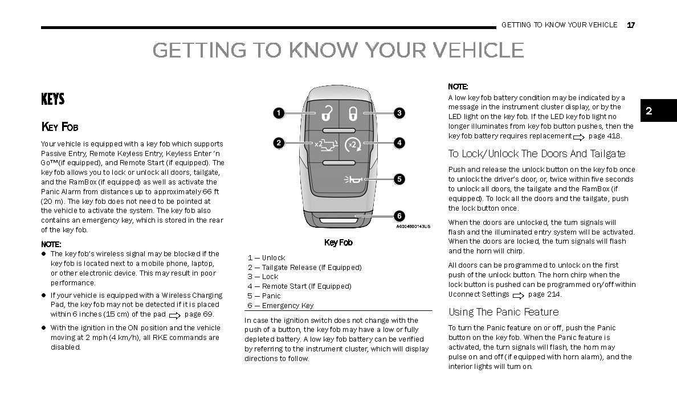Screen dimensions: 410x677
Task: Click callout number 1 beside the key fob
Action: click(278, 113)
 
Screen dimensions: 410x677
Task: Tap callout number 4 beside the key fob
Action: click(399, 143)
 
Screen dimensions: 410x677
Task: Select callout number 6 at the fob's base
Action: click(399, 216)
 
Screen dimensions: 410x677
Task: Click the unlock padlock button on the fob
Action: click(325, 114)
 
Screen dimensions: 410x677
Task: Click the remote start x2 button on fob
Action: click(354, 144)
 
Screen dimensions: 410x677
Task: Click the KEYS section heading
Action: click(53, 100)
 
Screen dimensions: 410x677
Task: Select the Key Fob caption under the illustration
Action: click(338, 243)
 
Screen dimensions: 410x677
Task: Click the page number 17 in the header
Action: click(631, 25)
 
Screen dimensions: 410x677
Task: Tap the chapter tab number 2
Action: click(649, 111)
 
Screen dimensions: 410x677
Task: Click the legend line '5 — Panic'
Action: click(264, 296)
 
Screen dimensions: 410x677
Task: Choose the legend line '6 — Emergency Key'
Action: click(280, 305)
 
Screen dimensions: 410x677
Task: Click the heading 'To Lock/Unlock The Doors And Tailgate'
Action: click(536, 154)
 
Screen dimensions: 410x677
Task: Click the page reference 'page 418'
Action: click(605, 136)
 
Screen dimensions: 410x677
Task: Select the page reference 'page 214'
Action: click(544, 294)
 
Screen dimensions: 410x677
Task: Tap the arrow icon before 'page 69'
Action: click(174, 315)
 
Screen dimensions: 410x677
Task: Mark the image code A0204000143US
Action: click(413, 227)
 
